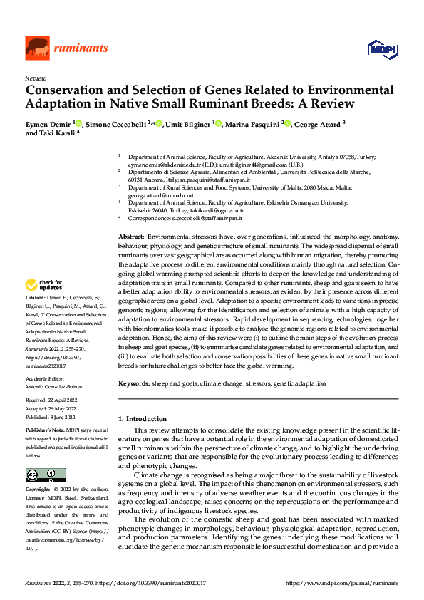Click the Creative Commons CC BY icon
point(45,475)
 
